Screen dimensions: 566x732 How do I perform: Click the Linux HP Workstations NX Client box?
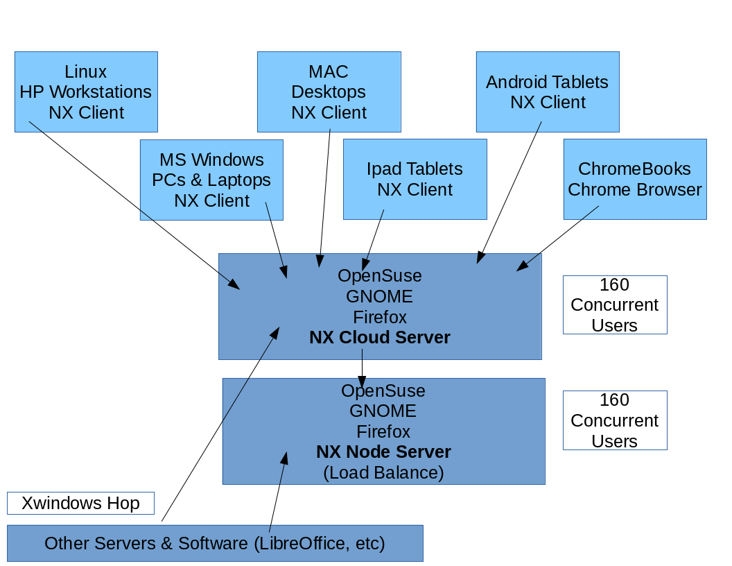[86, 92]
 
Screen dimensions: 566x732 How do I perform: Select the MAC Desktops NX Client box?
[329, 92]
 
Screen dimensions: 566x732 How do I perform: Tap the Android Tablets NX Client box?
[548, 92]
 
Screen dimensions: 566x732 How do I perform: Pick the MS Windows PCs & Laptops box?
[211, 180]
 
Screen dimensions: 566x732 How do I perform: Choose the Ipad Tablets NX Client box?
[415, 179]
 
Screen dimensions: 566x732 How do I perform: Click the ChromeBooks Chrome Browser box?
[634, 179]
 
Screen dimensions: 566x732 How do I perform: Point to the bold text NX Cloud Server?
[380, 338]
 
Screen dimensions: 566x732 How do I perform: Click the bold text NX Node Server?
[383, 452]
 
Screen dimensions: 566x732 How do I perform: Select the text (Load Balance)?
[383, 473]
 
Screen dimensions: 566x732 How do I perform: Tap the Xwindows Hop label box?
[80, 503]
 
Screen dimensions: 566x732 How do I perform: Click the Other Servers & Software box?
[215, 543]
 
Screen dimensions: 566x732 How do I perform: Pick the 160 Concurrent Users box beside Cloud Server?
[614, 305]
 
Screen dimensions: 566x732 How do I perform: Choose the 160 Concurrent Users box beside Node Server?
[614, 420]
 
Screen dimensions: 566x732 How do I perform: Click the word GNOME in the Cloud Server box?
[379, 297]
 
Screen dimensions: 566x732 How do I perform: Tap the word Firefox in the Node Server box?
[383, 431]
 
